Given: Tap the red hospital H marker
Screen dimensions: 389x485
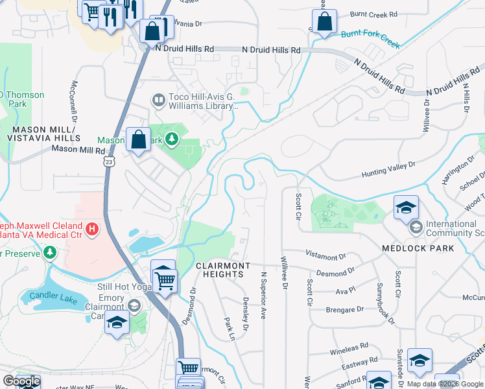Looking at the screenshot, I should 92,229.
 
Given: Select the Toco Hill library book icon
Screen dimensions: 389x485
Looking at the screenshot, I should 158,100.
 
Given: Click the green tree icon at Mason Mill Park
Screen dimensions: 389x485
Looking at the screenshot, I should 172,139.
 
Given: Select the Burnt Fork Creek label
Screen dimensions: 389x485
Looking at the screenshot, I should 370,39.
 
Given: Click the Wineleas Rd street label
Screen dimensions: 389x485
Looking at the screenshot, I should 347,346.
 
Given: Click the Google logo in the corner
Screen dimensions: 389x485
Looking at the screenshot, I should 21,381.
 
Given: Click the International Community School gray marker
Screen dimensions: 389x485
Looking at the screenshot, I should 415,228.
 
